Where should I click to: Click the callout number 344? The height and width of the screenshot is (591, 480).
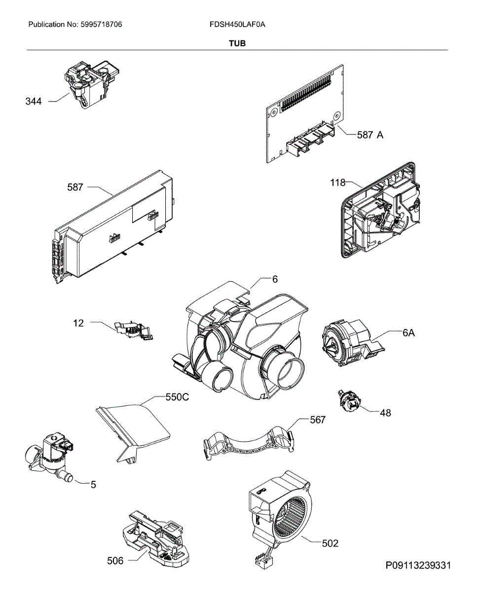point(34,102)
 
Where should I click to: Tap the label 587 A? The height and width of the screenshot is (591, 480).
point(370,134)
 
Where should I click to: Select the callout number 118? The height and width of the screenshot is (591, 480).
point(338,183)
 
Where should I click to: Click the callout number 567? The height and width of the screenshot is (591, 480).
point(318,420)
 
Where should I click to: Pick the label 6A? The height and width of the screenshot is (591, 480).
point(408,333)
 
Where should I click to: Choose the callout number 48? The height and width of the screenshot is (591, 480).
point(385,413)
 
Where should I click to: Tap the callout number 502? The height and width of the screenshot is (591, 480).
point(330,543)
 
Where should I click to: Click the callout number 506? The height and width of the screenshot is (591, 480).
point(115,560)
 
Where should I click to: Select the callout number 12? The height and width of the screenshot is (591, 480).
point(78,323)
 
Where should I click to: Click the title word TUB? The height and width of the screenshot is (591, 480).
point(237,43)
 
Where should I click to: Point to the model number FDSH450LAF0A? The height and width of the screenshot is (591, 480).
point(237,24)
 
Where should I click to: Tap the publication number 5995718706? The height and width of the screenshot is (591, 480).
point(101,24)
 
